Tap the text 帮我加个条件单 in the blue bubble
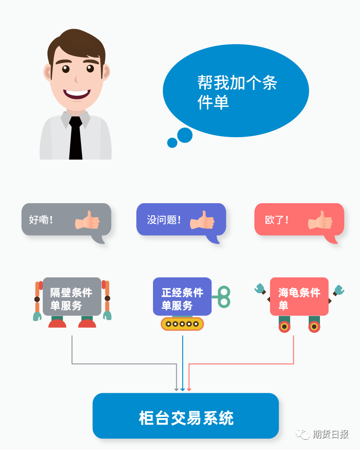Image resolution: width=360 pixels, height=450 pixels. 237,93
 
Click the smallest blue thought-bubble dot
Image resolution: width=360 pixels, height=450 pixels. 172,143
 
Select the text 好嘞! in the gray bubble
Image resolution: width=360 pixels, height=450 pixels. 41,220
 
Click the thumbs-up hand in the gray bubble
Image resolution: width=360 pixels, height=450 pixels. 87,220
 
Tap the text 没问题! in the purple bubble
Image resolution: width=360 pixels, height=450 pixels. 164,220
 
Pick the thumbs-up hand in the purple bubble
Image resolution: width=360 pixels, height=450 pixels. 202,220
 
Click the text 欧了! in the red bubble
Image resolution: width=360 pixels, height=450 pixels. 277,220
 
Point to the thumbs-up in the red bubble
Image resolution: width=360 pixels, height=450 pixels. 320,220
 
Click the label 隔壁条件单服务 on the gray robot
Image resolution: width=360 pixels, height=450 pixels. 71,299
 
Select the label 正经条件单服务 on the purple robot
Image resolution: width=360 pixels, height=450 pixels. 182,299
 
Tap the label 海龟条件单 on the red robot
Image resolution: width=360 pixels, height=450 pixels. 299,299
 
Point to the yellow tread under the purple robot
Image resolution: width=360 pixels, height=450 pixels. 182,324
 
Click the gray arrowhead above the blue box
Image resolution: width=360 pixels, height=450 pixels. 176,389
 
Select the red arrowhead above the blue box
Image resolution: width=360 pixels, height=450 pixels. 189,389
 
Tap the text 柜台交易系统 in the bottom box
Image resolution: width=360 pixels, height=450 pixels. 186,418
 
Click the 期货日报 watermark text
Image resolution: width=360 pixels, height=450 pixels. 330,434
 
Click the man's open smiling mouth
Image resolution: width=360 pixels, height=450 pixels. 76,94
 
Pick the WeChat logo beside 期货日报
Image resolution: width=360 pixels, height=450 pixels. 302,434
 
